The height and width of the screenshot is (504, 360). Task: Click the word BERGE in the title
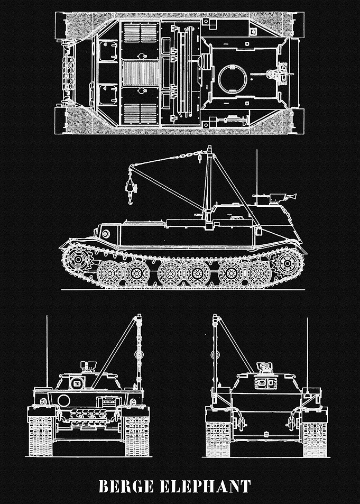(126, 487)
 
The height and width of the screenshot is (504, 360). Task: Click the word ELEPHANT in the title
(206, 487)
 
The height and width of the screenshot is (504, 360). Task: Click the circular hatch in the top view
(233, 79)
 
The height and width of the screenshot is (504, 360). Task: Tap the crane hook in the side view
(131, 190)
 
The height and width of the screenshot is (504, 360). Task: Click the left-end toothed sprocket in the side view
(77, 259)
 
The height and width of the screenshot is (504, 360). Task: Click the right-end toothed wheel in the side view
(288, 263)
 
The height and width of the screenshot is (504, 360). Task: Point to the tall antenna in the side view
(256, 177)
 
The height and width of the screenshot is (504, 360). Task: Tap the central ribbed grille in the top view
(141, 74)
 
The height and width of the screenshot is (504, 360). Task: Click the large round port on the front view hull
(63, 400)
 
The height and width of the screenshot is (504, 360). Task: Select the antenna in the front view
(47, 352)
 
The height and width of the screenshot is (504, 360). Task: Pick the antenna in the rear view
(307, 353)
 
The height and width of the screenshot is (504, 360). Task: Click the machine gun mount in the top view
(276, 74)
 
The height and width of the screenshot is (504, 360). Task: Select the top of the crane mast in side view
(209, 148)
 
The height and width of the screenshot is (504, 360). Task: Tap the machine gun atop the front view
(88, 365)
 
